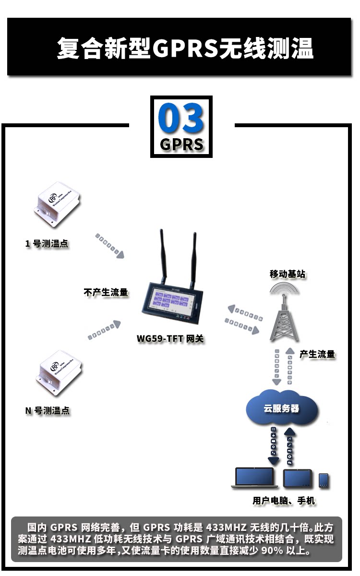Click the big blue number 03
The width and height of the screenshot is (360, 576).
181,118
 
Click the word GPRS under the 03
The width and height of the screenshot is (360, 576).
181,144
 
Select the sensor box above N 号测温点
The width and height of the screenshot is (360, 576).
59,374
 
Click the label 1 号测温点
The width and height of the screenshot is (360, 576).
47,244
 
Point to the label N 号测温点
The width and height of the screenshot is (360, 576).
47,410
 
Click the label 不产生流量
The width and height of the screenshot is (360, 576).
106,292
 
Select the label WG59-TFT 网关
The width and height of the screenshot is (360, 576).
170,339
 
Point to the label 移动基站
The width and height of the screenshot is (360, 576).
287,274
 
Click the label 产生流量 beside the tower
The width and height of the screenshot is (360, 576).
317,354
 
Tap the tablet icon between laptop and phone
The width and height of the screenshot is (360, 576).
298,479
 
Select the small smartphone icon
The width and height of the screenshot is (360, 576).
324,480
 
